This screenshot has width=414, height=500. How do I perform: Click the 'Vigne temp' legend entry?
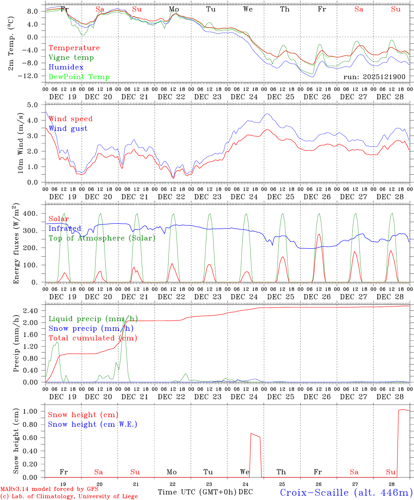pyautogui.click(x=71, y=58)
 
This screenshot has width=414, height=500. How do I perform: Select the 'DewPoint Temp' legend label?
pyautogui.click(x=79, y=77)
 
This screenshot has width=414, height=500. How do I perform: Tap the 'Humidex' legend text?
pyautogui.click(x=66, y=67)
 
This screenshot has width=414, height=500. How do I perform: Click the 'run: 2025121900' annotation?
pyautogui.click(x=374, y=77)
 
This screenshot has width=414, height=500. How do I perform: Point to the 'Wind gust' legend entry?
pyautogui.click(x=68, y=129)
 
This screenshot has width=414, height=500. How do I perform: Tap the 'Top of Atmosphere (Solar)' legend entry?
pyautogui.click(x=102, y=238)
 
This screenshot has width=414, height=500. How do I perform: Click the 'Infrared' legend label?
pyautogui.click(x=65, y=228)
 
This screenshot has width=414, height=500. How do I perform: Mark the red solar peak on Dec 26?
pyautogui.click(x=319, y=234)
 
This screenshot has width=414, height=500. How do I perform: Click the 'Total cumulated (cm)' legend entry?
pyautogui.click(x=93, y=338)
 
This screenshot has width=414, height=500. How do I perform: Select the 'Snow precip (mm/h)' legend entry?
pyautogui.click(x=91, y=328)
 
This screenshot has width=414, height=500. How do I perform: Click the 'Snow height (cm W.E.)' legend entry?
pyautogui.click(x=93, y=424)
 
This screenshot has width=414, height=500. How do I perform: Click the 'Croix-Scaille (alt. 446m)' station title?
pyautogui.click(x=346, y=492)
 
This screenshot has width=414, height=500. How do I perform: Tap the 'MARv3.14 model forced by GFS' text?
pyautogui.click(x=49, y=489)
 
